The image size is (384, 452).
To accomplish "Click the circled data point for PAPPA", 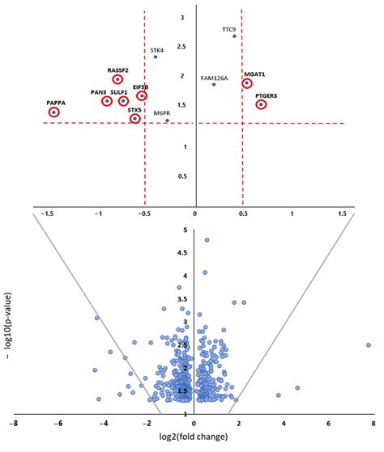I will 54,112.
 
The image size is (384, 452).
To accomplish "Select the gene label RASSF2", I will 119,70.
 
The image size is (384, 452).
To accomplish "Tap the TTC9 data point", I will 234,36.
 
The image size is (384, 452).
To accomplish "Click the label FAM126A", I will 214,78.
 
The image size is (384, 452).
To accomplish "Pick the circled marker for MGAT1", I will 246,83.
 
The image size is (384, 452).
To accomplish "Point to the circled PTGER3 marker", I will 261,104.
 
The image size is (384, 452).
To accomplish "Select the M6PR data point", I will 167,120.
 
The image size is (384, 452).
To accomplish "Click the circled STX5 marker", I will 135,119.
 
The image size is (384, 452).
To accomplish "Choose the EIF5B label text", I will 141,87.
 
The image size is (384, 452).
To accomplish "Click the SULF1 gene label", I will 119,93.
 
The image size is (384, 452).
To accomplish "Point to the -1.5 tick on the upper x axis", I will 51,213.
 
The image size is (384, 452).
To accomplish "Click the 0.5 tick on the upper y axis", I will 183,175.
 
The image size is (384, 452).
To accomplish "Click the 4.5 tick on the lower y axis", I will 185,253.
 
